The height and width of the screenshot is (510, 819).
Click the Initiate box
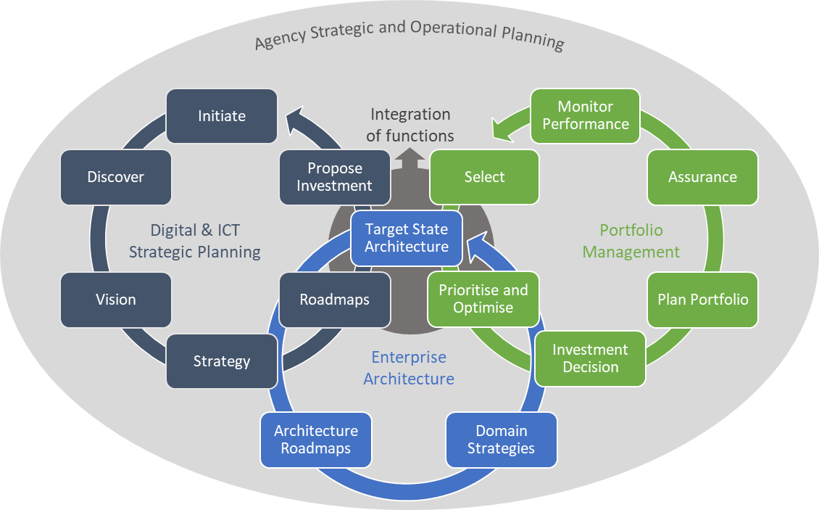pyautogui.click(x=222, y=116)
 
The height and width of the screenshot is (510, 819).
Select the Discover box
pyautogui.click(x=116, y=177)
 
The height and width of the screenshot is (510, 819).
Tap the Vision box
pyautogui.click(x=116, y=300)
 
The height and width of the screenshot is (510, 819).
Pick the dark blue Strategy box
pyautogui.click(x=222, y=361)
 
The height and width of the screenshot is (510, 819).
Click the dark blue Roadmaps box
pyautogui.click(x=335, y=300)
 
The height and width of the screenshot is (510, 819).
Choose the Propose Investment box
pyautogui.click(x=335, y=177)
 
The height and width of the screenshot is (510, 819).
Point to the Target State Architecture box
pyautogui.click(x=407, y=238)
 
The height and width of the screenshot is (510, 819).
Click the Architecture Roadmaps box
pyautogui.click(x=316, y=440)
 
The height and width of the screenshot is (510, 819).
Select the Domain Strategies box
pyautogui.click(x=501, y=440)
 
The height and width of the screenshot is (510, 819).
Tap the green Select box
pyautogui.click(x=484, y=177)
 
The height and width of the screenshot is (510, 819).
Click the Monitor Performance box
pyautogui.click(x=586, y=115)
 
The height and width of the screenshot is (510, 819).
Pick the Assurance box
pyautogui.click(x=702, y=177)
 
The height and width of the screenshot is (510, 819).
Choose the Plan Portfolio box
pyautogui.click(x=702, y=300)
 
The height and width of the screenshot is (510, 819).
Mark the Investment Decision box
pyautogui.click(x=591, y=358)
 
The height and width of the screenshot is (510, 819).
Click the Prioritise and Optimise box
pyautogui.click(x=483, y=299)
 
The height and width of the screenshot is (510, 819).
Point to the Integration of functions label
pyautogui.click(x=410, y=125)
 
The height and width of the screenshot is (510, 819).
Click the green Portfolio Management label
pyautogui.click(x=631, y=241)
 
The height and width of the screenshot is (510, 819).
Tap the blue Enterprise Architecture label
pyautogui.click(x=409, y=368)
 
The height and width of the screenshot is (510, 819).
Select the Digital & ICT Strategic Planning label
pyautogui.click(x=195, y=241)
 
